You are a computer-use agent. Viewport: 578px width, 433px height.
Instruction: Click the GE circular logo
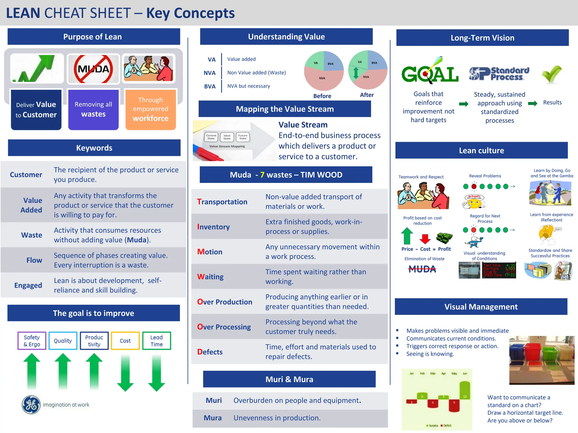(31, 405)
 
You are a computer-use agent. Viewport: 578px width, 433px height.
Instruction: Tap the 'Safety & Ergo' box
(32, 341)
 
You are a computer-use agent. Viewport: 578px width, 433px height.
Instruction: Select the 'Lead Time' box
(157, 341)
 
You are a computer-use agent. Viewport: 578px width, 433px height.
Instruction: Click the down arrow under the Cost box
(125, 373)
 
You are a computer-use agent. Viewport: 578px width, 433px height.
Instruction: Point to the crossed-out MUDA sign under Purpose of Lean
(93, 69)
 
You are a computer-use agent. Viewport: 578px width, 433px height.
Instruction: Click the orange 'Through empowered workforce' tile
(151, 109)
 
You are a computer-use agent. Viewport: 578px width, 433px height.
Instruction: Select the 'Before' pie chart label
(322, 96)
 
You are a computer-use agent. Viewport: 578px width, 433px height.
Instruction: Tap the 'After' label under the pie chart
(367, 95)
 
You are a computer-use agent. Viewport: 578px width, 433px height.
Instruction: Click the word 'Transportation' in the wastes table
(222, 202)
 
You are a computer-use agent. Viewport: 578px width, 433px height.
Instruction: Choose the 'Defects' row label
(210, 352)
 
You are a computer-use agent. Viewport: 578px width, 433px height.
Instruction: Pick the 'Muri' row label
(214, 400)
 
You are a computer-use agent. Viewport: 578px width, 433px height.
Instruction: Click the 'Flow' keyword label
(34, 260)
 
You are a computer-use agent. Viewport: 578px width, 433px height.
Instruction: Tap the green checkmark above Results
(551, 74)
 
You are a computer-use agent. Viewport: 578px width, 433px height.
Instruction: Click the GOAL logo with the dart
(430, 72)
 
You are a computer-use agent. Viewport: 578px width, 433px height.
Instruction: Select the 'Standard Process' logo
(499, 74)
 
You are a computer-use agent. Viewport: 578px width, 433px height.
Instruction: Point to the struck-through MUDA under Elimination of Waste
(422, 269)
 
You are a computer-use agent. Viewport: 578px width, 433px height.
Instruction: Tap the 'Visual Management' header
(481, 307)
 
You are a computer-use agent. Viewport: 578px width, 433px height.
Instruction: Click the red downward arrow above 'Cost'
(425, 239)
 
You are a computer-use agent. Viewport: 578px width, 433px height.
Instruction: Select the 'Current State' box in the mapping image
(211, 137)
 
